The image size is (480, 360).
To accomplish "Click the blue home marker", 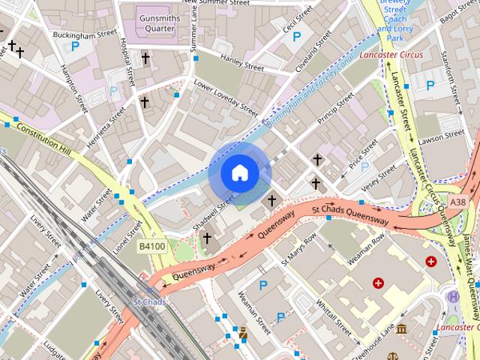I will pos(239,173).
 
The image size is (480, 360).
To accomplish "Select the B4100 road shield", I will pos(151,245).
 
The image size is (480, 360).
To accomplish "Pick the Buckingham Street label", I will pos(85,34).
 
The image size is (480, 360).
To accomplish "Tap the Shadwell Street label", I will pos(215,212).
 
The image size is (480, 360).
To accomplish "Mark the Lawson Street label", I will pos(442,136).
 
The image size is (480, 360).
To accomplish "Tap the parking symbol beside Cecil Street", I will pos(297,36).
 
